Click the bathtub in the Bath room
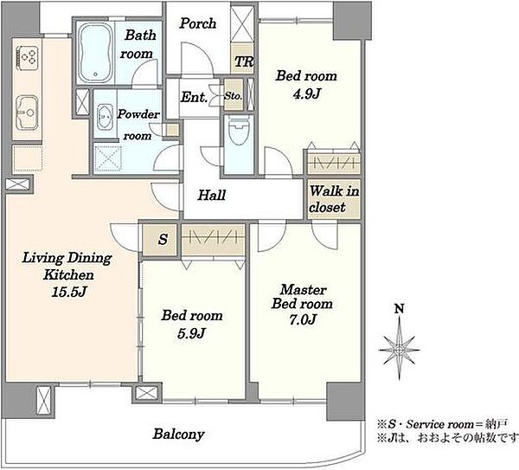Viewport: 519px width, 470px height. pos(96,53)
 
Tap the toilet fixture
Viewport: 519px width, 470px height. pos(239,131)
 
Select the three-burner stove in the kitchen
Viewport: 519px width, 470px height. pos(28,58)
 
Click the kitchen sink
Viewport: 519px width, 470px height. pos(27,113)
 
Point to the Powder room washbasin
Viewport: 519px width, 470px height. pos(106,117)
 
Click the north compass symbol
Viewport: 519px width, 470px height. pos(400,350)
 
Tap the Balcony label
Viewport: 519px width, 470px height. pos(178,435)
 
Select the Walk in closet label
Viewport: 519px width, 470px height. pos(334,199)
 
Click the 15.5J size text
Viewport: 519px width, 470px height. pos(69,292)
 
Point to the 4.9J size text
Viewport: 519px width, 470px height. pos(306,94)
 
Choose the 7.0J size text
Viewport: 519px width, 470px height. pos(303,319)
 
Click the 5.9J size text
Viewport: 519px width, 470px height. pos(191,333)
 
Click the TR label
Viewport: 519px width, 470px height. pos(244,61)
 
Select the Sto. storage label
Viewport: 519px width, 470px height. pos(234,96)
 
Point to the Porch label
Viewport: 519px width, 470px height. pos(197,23)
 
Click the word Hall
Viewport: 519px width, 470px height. pos(212,195)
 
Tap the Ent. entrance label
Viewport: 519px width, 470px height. pos(194,97)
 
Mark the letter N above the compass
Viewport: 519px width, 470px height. pos(400,309)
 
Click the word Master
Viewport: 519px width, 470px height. pos(304,290)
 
